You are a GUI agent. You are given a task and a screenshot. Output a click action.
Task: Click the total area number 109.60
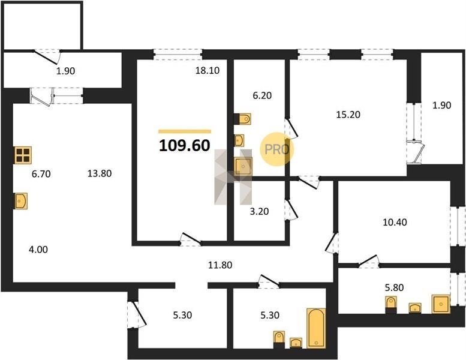[185, 146]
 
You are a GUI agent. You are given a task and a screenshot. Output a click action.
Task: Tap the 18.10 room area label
[208, 70]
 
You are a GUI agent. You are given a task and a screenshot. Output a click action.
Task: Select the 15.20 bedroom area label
[348, 115]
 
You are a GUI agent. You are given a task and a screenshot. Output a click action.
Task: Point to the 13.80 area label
[100, 173]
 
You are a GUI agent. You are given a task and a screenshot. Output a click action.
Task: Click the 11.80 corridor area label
[220, 265]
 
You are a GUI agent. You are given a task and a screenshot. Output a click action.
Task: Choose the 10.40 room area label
[395, 222]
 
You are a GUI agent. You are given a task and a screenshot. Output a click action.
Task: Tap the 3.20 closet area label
[259, 211]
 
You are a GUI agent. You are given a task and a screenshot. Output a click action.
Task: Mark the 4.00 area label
[38, 250]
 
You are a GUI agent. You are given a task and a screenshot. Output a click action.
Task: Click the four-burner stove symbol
[23, 155]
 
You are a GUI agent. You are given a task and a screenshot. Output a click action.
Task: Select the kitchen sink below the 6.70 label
[21, 201]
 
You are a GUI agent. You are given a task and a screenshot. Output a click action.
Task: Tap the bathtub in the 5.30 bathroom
[316, 328]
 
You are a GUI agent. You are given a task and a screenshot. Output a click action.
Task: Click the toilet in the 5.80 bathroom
[391, 304]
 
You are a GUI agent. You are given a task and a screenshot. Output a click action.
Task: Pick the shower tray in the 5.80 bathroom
[441, 304]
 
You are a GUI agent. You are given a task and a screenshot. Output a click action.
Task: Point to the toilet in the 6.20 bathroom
[243, 119]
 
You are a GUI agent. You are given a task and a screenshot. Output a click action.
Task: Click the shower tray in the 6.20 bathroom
[243, 166]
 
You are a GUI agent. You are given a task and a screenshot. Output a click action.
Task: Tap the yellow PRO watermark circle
[276, 149]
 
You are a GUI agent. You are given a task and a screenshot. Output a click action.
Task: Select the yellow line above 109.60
[185, 131]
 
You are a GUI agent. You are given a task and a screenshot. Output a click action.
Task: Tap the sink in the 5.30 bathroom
[296, 343]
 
